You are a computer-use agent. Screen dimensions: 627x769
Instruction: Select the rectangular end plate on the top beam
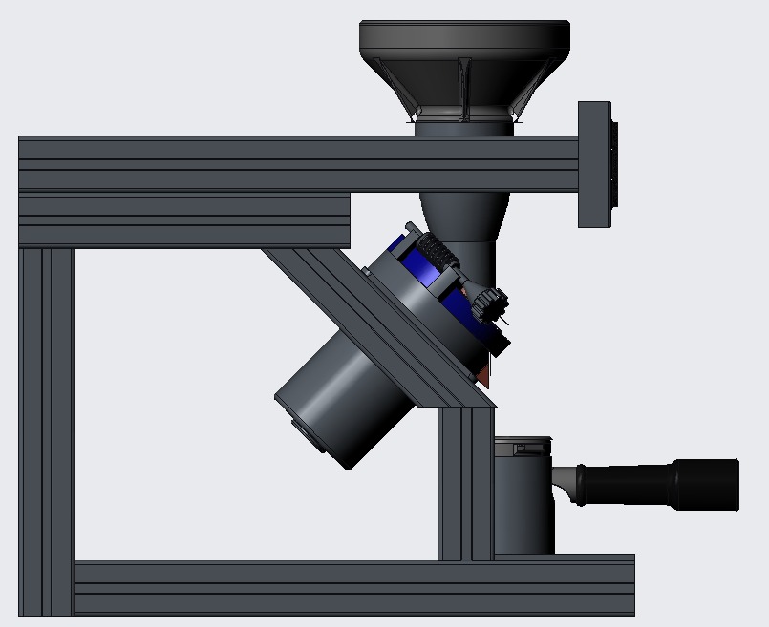[594, 164]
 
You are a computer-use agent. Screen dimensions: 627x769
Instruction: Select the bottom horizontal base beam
[353, 586]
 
